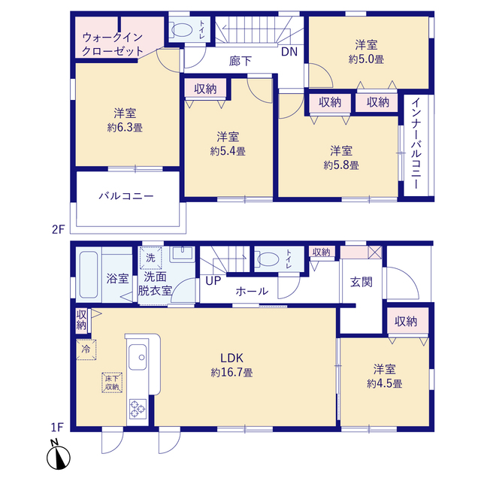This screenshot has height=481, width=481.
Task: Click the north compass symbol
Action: point(59,456)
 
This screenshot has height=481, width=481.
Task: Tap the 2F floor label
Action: point(59,229)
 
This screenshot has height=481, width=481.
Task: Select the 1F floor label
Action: point(57,427)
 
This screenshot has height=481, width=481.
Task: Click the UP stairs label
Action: point(213,280)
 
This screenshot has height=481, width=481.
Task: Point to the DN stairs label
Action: point(289,52)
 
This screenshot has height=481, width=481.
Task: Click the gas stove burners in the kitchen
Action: point(138,409)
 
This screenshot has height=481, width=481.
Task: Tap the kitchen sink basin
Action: point(138,357)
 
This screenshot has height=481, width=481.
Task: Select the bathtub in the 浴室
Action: point(89,275)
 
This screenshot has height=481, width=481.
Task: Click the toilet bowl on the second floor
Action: point(182,30)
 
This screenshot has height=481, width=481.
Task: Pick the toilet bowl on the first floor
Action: point(268,259)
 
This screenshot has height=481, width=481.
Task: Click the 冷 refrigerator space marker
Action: point(86,349)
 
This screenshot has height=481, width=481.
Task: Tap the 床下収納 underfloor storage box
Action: point(112,383)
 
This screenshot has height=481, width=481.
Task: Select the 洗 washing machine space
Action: point(150,258)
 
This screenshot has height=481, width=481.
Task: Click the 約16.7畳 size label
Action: point(231,373)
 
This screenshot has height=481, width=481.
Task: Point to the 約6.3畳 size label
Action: point(125,128)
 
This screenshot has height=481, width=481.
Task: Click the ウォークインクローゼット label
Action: point(113,44)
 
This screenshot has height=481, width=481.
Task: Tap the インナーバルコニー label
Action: point(416,144)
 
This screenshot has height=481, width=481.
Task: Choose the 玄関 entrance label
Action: point(362,282)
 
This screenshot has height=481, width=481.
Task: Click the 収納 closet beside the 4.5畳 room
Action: point(407,321)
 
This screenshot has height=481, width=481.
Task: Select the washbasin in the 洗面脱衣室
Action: point(182,254)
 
